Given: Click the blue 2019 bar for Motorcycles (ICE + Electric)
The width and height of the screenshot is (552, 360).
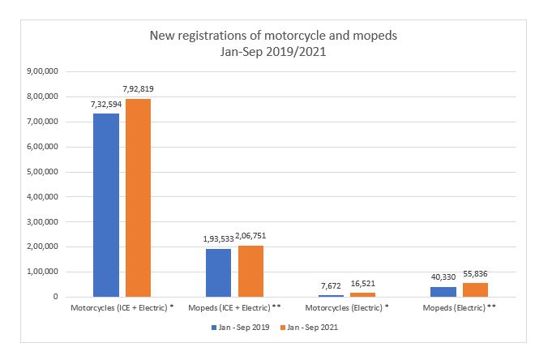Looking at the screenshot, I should (x=106, y=205).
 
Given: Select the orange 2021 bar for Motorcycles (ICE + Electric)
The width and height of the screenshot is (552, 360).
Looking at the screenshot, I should (x=138, y=198).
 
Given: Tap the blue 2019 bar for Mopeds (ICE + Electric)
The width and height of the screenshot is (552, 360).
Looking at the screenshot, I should (x=218, y=272).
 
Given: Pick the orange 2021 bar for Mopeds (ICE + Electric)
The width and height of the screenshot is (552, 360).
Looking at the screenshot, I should (x=250, y=271).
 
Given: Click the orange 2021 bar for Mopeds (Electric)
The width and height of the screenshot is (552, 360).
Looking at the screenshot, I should (x=475, y=289).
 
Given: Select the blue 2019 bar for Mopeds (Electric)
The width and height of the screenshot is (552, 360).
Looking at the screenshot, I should (x=443, y=292).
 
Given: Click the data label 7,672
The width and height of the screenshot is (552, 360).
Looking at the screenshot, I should (x=331, y=285).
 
